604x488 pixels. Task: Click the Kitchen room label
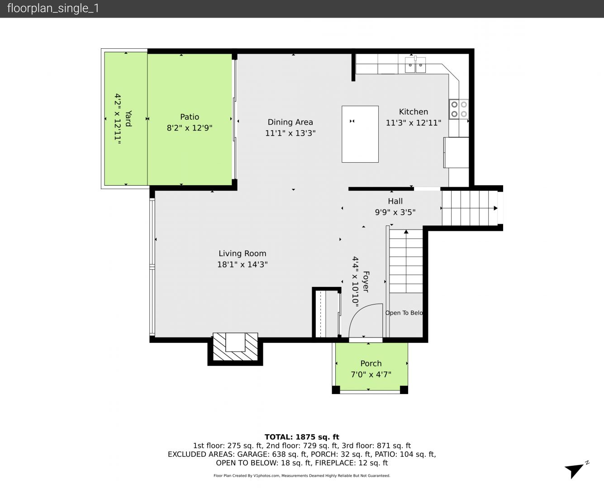point(414,112)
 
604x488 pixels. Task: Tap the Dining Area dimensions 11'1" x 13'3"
point(290,133)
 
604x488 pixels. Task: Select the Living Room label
point(243,253)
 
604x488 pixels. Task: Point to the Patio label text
point(190,117)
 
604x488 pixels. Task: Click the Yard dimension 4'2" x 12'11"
point(118,119)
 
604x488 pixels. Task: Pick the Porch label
point(371,363)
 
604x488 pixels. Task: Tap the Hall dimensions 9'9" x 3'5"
point(395,212)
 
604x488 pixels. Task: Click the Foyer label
point(366,282)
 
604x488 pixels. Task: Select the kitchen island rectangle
point(360,134)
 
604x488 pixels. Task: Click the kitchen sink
point(415,65)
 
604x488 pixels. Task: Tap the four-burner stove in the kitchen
point(459,109)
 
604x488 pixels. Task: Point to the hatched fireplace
point(235,347)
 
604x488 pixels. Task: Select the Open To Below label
point(404,313)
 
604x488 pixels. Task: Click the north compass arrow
point(575,470)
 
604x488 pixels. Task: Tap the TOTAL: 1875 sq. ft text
point(302,437)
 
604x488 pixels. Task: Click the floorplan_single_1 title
point(53,9)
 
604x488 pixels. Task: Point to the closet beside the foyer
point(327,314)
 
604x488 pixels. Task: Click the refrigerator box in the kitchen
point(456,153)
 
